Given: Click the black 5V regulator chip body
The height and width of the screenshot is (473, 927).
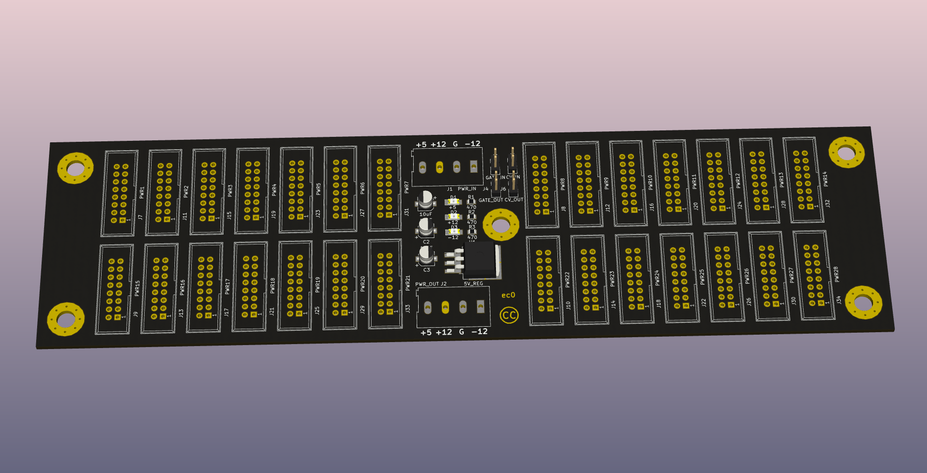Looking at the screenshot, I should point(480,261).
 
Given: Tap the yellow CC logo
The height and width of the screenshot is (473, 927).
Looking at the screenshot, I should point(509,315).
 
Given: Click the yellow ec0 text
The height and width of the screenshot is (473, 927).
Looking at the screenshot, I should point(508,295).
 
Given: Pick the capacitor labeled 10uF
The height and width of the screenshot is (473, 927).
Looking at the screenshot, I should point(426,200).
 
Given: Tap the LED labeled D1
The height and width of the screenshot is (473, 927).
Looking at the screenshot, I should point(452,202).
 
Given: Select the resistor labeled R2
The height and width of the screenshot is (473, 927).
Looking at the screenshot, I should point(472,217).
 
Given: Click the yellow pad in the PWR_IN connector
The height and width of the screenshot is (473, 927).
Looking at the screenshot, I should point(439,168).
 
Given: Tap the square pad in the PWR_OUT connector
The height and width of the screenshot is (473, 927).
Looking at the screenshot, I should point(480,306).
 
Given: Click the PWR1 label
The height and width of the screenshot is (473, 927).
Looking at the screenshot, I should point(142,192).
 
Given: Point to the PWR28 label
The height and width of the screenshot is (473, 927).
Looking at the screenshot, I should point(836,274).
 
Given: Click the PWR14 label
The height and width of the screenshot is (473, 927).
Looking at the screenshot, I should point(825,179).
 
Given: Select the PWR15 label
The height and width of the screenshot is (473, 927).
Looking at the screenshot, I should point(137,288).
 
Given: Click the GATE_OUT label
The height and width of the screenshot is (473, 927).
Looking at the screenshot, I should point(491,200).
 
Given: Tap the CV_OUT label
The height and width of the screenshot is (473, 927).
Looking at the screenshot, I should point(514,200).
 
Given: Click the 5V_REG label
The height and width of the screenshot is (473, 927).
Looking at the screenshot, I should point(473,284).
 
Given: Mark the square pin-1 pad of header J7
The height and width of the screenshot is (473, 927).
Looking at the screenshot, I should point(122,220).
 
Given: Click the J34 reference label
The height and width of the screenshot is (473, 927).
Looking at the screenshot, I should point(839,300).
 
